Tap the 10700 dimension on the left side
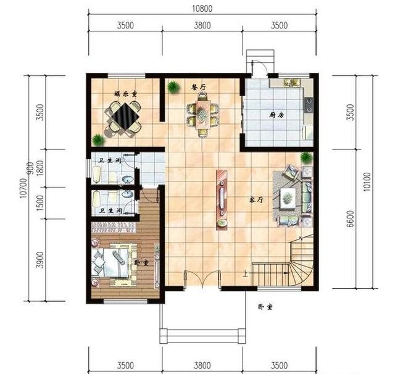coord(23,182)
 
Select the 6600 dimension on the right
coord(351,218)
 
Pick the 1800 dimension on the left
coord(41,168)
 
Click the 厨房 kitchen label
coord(276,115)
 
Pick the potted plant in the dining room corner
coord(173,88)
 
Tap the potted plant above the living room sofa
coord(306,158)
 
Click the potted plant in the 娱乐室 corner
coord(98,140)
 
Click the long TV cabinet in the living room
coord(221,199)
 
